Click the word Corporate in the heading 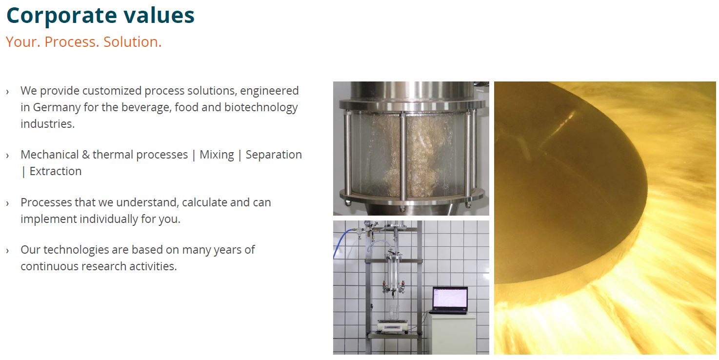(61, 16)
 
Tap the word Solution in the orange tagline (132, 42)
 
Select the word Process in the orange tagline (72, 42)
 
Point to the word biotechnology (261, 107)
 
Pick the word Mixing (217, 155)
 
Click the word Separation (274, 155)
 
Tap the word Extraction (56, 171)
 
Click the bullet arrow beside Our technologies (7, 251)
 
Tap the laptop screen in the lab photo (450, 299)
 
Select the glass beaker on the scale (393, 313)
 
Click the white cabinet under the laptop (452, 334)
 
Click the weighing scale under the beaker (393, 326)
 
